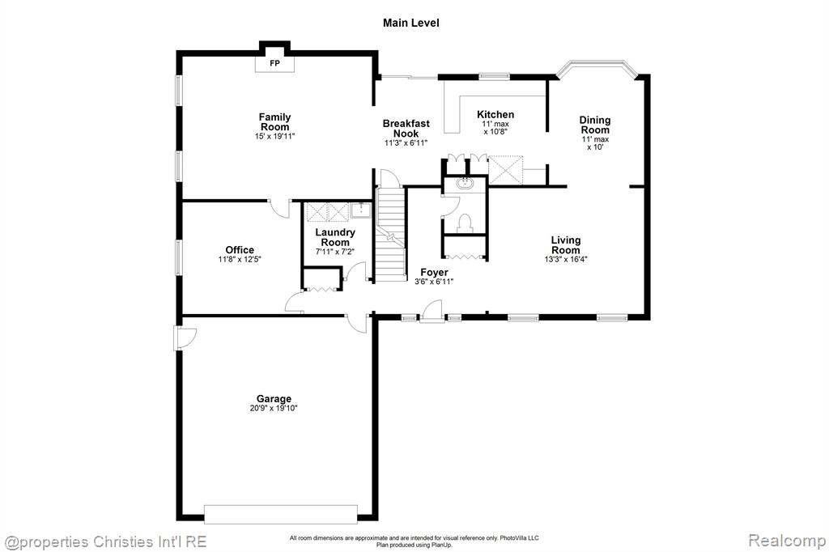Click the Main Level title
coord(410,23)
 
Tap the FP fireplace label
coord(275,63)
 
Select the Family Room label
coord(274,122)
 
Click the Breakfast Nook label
coord(406,129)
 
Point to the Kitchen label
coord(495,114)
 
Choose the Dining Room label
coord(595,125)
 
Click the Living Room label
coord(566,244)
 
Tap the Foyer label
coord(434,272)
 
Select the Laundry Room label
coord(335,237)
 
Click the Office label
coord(240,249)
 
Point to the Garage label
coord(274,399)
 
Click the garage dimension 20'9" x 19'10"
coord(274,408)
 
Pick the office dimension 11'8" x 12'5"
coord(240,259)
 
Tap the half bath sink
coord(465,184)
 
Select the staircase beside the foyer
coord(391,233)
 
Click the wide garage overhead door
coord(281,515)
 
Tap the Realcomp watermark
coord(787,541)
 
